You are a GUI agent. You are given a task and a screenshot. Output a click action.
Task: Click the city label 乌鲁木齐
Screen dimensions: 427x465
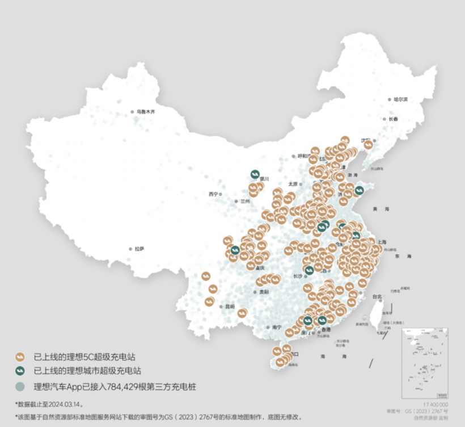(146, 112)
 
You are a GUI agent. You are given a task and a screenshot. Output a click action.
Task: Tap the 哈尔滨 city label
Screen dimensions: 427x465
(401, 99)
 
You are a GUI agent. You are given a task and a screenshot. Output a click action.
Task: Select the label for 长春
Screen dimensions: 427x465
(394, 119)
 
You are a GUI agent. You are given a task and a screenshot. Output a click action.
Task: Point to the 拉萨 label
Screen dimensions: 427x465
(139, 249)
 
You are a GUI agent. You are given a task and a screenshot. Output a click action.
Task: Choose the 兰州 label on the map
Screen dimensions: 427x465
(244, 201)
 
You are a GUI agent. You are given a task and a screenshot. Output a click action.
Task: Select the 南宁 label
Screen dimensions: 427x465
(277, 327)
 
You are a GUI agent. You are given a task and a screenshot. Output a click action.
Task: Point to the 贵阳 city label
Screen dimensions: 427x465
(264, 292)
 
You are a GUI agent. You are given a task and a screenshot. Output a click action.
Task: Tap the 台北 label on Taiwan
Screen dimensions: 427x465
(377, 296)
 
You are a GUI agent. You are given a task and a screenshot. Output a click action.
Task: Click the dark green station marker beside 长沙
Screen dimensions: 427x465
(309, 271)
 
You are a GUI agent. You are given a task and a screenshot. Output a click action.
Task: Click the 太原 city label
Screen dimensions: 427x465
(293, 183)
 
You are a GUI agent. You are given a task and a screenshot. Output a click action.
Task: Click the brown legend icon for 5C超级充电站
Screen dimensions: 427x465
(20, 357)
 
